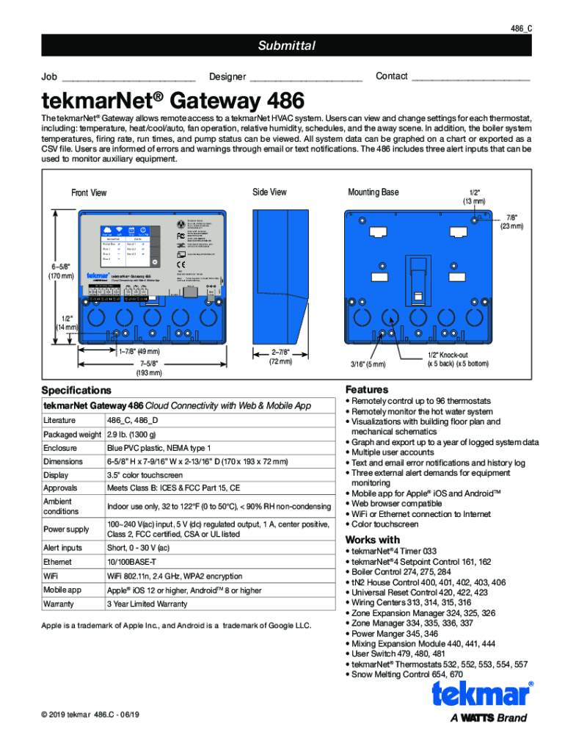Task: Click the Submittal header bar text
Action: pos(286,46)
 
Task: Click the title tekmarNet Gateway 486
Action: pos(173,100)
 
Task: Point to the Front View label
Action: pos(89,193)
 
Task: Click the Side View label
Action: pos(269,192)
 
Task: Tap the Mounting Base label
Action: pos(373,192)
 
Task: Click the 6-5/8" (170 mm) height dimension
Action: pos(62,271)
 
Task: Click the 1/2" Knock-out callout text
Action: pos(458,358)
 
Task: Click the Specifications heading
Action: pos(76,390)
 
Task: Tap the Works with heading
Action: pos(375,540)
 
